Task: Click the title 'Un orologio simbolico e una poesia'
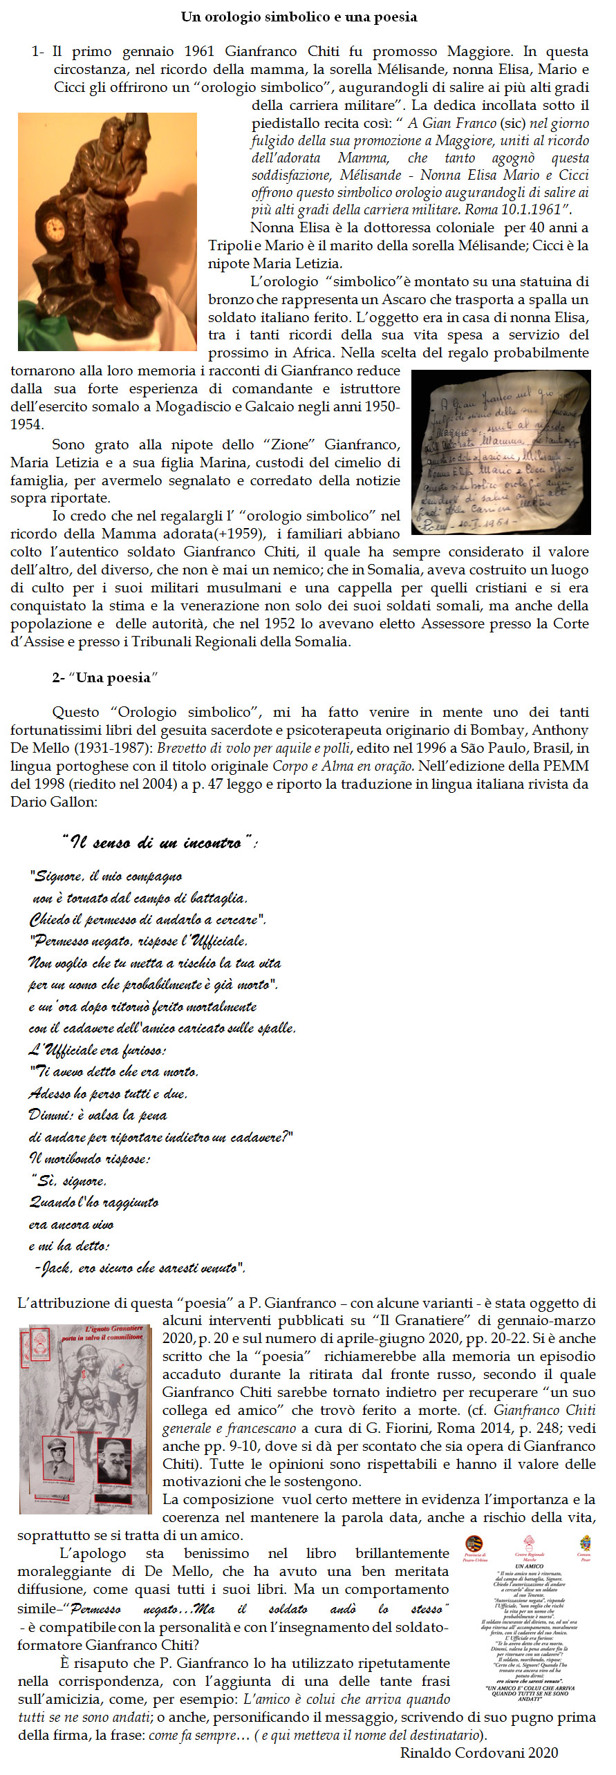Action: (x=299, y=17)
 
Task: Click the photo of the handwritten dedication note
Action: (x=501, y=452)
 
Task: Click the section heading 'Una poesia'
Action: (x=113, y=677)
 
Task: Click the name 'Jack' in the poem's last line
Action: (x=55, y=1268)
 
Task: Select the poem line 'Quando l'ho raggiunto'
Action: (x=94, y=1203)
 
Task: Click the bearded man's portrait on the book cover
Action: (x=114, y=1461)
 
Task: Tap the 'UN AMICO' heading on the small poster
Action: (x=529, y=1566)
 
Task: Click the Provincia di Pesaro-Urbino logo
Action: (x=474, y=1544)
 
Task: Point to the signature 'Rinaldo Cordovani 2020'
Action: (x=479, y=1752)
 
